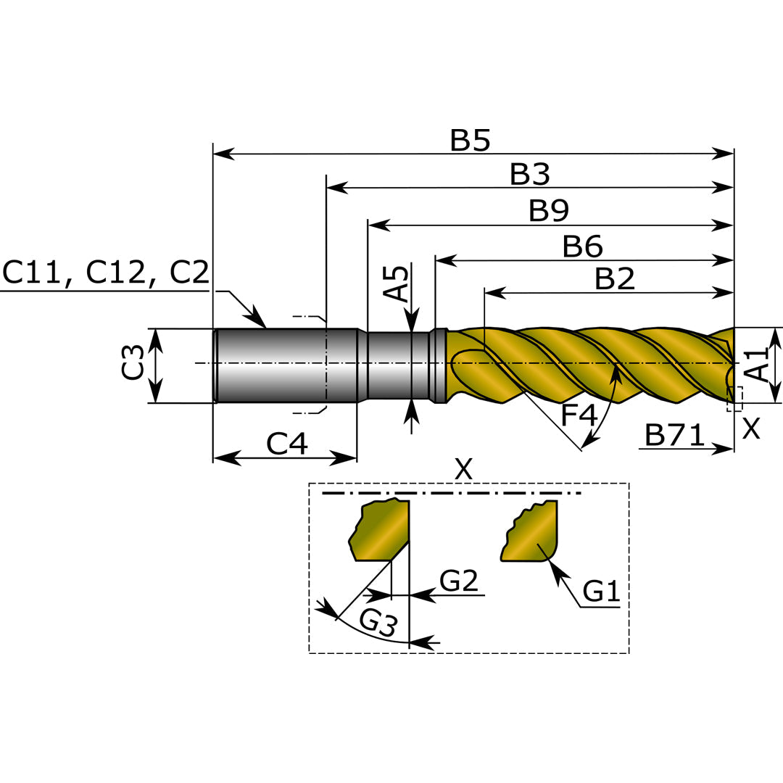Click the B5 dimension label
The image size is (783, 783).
(x=470, y=141)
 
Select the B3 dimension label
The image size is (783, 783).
(x=530, y=175)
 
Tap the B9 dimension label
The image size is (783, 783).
(x=549, y=211)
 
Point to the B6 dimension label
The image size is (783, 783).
(x=583, y=247)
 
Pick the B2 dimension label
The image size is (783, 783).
(x=615, y=279)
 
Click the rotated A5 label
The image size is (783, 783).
(x=397, y=283)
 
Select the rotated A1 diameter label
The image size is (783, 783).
(x=757, y=365)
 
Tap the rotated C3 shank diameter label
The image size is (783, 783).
(x=133, y=364)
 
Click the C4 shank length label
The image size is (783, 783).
(x=287, y=444)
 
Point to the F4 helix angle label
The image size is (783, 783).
(x=579, y=416)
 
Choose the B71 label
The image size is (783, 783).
(x=674, y=436)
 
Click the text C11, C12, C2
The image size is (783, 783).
(x=106, y=273)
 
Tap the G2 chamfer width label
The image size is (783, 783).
(x=459, y=581)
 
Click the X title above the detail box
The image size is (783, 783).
(x=463, y=470)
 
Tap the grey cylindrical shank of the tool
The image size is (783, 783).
(x=286, y=365)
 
